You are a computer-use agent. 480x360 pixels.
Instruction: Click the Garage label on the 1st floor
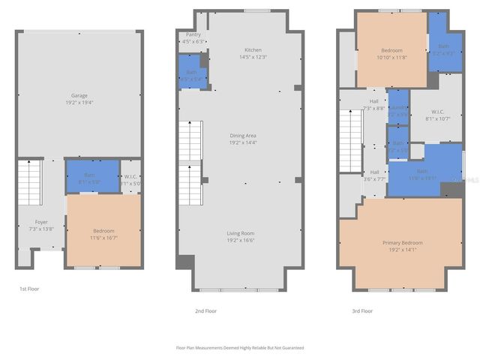[79, 95]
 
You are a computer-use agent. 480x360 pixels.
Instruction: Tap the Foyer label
[41, 221]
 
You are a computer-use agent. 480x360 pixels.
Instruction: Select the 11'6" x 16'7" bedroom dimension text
[103, 238]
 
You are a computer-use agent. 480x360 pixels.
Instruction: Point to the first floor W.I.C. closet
[130, 178]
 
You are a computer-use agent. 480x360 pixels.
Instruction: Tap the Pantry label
[193, 34]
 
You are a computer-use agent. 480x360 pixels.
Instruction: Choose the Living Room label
[241, 233]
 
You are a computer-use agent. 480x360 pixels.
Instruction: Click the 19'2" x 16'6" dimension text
[241, 241]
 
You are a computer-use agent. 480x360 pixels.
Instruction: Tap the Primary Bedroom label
[401, 242]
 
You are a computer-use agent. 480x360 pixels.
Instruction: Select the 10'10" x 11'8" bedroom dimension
[391, 57]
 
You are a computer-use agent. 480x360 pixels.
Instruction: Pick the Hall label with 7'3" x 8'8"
[373, 101]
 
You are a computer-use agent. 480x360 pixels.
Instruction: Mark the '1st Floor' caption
[29, 288]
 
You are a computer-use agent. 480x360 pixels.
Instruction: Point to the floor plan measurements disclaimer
[240, 347]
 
